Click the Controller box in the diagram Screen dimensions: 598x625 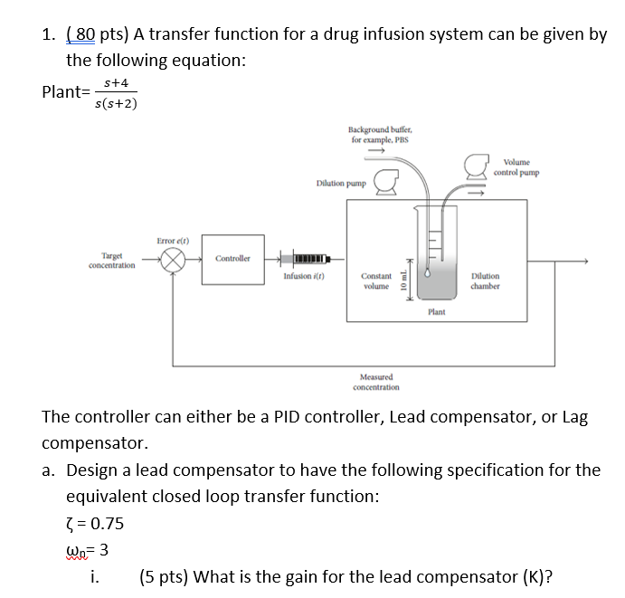click(x=232, y=259)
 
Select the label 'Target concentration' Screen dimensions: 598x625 click(x=112, y=261)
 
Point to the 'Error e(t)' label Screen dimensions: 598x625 click(x=171, y=240)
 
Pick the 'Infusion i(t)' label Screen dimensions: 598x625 click(x=304, y=276)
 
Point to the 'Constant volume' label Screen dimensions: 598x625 click(x=376, y=280)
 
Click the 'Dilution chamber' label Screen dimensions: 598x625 click(x=485, y=280)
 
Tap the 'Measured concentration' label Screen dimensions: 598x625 click(x=376, y=381)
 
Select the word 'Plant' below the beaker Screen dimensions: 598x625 click(x=436, y=312)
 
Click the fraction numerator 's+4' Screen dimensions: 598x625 click(x=116, y=82)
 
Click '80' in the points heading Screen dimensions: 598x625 click(x=85, y=35)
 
